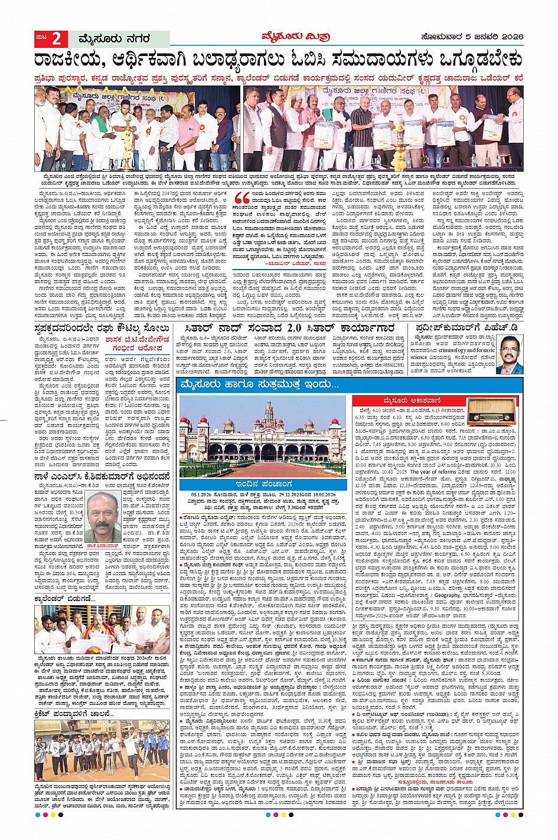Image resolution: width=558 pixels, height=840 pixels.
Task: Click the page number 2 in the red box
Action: coord(57,39)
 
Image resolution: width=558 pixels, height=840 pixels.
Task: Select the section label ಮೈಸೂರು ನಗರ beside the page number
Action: coord(113,40)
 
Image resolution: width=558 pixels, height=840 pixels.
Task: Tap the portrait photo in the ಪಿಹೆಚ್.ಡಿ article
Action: coord(509,355)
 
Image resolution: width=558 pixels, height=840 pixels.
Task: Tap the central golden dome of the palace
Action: coord(270,409)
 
